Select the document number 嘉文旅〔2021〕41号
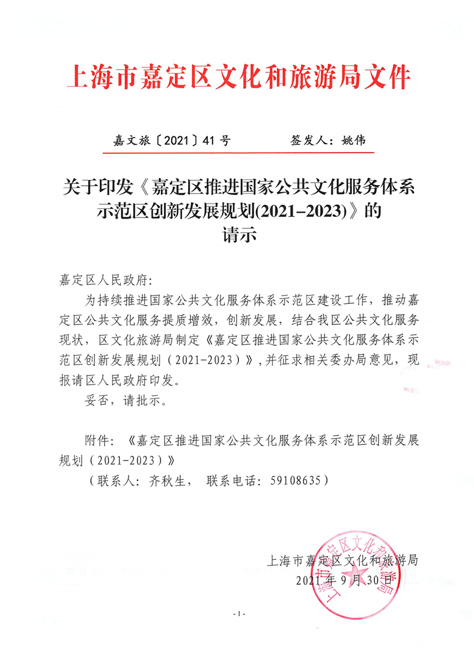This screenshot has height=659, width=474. click(171, 141)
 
